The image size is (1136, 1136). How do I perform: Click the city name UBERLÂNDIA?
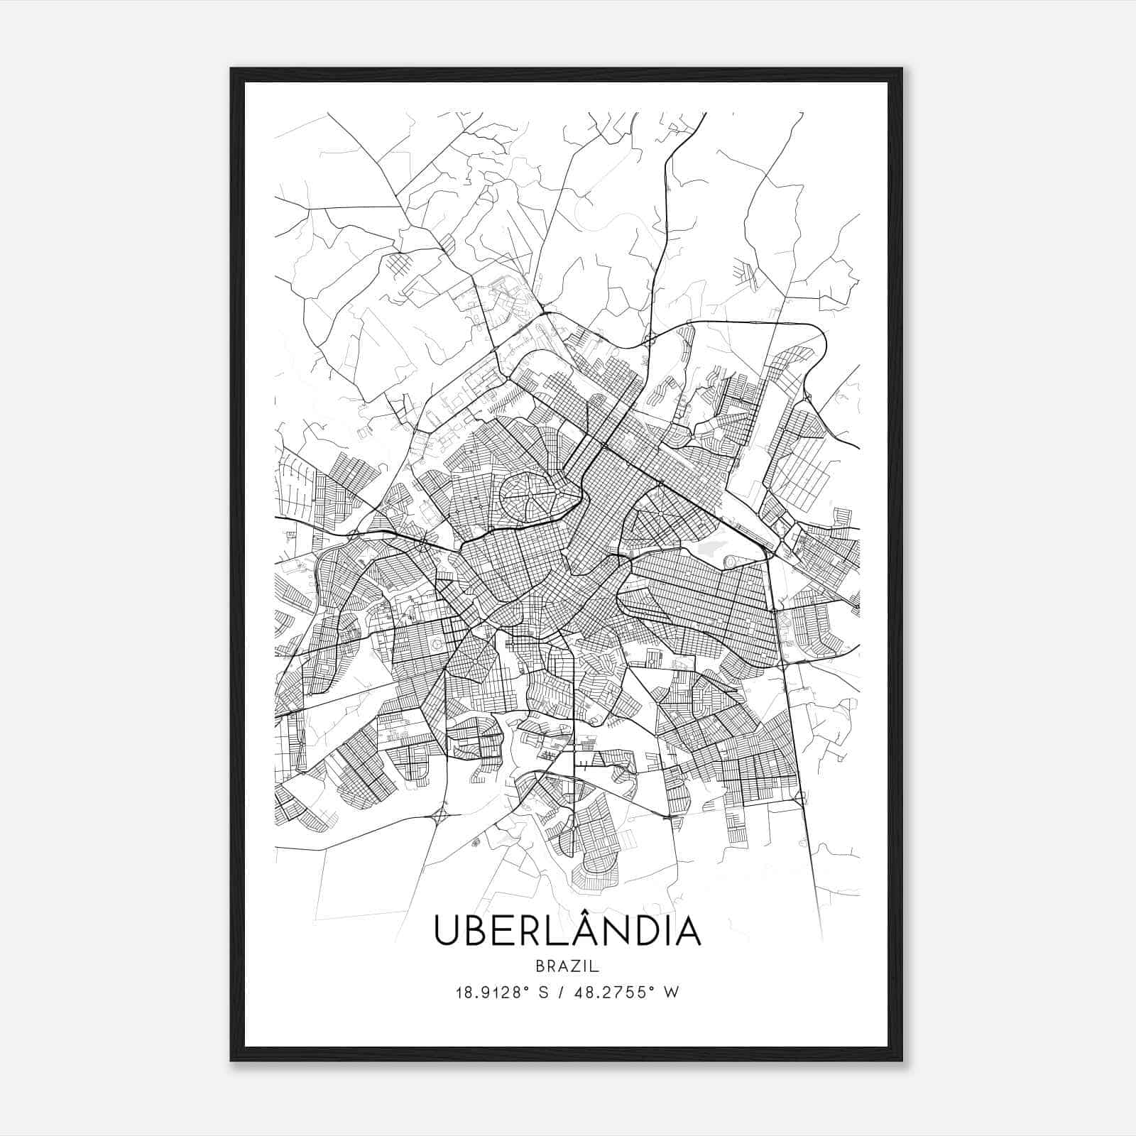(567, 932)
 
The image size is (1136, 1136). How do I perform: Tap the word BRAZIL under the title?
(567, 966)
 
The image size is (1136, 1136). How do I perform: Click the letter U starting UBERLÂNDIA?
(449, 932)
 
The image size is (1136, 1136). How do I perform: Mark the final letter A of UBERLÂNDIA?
(687, 932)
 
